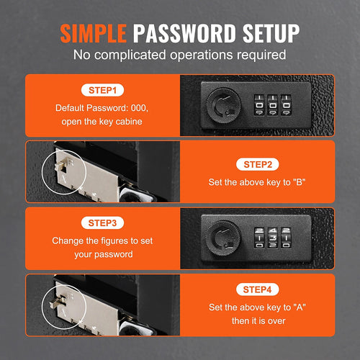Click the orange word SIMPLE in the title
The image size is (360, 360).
(94, 33)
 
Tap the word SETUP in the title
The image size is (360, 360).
(271, 33)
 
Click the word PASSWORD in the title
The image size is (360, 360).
(184, 33)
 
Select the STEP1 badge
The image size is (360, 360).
(102, 90)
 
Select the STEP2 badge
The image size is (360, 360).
(258, 165)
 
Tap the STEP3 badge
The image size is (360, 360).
(102, 223)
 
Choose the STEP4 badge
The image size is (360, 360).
(258, 289)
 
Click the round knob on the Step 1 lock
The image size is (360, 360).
(224, 106)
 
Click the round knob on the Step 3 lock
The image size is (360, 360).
(224, 238)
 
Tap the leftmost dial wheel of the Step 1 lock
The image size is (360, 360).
(259, 105)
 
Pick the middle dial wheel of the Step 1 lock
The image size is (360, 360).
(273, 105)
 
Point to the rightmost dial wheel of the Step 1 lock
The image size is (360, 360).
(286, 105)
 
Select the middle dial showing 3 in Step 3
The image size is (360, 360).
(273, 238)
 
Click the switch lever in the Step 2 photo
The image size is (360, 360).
(60, 166)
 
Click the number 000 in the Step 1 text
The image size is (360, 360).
(138, 108)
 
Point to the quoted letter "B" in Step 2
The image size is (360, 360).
(299, 182)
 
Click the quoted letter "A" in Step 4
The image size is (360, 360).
(300, 307)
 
